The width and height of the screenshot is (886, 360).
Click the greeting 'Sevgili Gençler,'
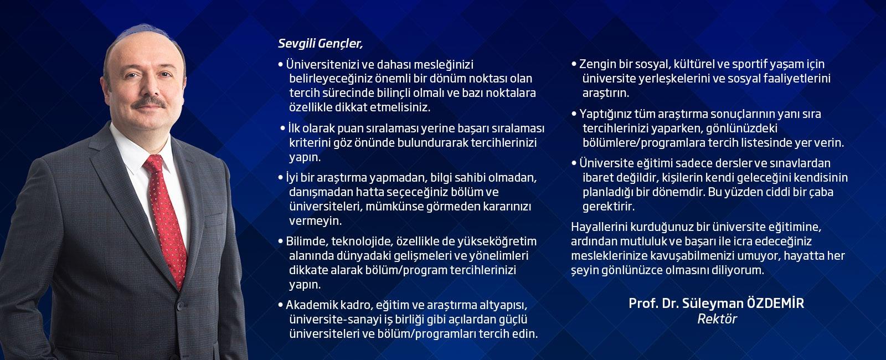coord(320,44)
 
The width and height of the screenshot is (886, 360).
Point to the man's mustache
coord(149,102)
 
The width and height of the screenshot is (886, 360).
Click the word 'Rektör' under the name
coord(717,319)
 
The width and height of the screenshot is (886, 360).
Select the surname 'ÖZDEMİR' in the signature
coord(775,303)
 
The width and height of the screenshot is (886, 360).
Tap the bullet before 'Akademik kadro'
coord(281,305)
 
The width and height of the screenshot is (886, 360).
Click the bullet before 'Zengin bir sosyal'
coord(574,64)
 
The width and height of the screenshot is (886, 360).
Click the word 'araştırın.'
coord(606,94)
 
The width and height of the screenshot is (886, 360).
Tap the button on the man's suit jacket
coord(181,306)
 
